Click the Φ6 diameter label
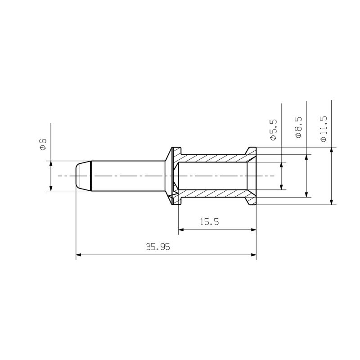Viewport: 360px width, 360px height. pyautogui.click(x=43, y=144)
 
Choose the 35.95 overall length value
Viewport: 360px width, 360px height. pyautogui.click(x=157, y=247)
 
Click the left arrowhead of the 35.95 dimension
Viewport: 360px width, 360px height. pyautogui.click(x=78, y=255)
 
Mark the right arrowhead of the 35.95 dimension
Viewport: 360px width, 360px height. pyautogui.click(x=253, y=255)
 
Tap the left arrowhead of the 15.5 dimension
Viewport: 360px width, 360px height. pyautogui.click(x=181, y=230)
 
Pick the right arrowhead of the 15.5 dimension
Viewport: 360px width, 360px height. pyautogui.click(x=253, y=230)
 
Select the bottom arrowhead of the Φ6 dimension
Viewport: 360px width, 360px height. pyautogui.click(x=51, y=188)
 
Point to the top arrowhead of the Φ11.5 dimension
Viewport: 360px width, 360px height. pyautogui.click(x=331, y=150)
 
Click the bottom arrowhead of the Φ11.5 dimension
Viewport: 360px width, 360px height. pyautogui.click(x=331, y=202)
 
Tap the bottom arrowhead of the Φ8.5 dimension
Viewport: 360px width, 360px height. pyautogui.click(x=306, y=194)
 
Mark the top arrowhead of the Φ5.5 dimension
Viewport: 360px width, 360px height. pyautogui.click(x=282, y=165)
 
